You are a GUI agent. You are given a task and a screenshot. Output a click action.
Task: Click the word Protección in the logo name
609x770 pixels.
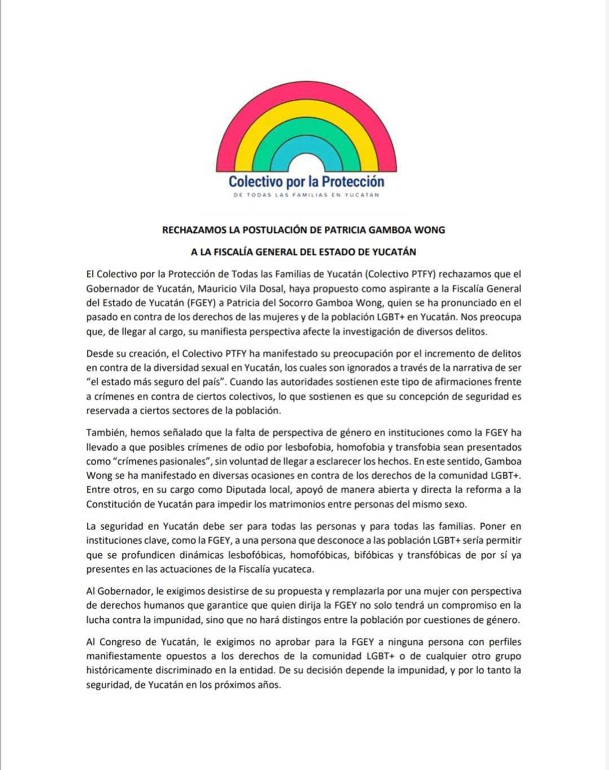(353, 182)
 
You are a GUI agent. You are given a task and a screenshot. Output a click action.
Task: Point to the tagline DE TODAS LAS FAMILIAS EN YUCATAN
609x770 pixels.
(306, 195)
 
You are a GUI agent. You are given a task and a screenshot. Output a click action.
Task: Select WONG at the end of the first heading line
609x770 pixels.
(430, 230)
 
